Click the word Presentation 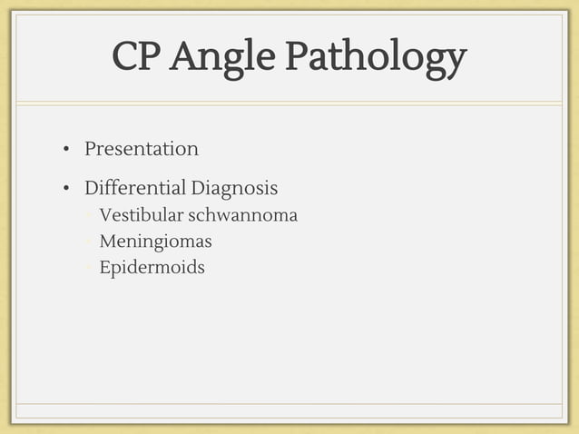[141, 149]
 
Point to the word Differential [134, 189]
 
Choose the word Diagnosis [234, 189]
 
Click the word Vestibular [140, 216]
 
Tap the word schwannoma [242, 216]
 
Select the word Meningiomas [155, 242]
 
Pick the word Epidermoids [152, 268]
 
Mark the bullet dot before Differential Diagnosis [66, 190]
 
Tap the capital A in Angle [183, 57]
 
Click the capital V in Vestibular [105, 216]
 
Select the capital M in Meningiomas [107, 242]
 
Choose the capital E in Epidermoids [105, 268]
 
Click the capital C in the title [125, 57]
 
